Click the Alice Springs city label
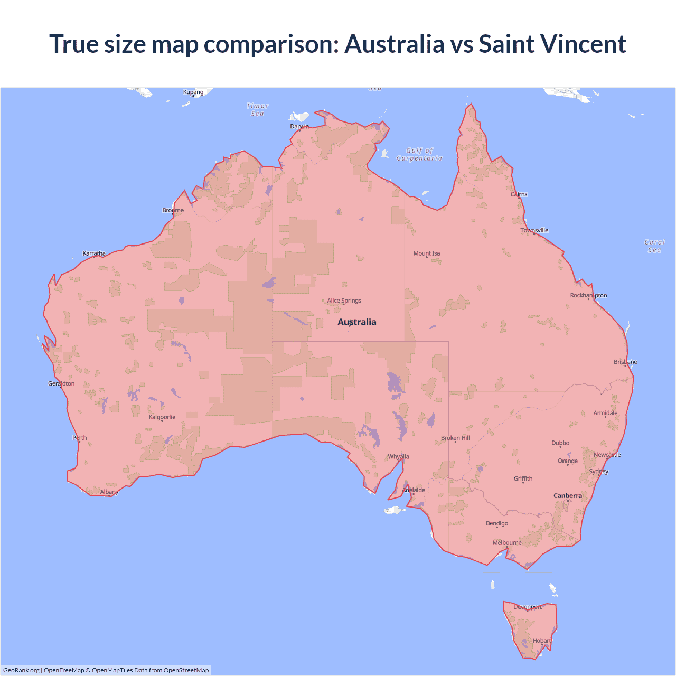[x=344, y=301]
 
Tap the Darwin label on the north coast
[x=299, y=126]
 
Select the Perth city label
[x=80, y=438]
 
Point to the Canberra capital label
[x=568, y=496]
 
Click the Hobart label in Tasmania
[x=542, y=641]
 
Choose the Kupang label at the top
[x=193, y=92]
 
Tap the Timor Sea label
[x=258, y=109]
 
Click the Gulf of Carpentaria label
[x=419, y=154]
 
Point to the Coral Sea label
[x=654, y=246]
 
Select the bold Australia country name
[x=357, y=322]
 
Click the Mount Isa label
[x=427, y=253]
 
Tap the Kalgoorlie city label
[x=162, y=417]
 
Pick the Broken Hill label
[x=455, y=438]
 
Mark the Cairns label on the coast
[x=519, y=194]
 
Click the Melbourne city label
[x=507, y=543]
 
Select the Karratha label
[x=94, y=253]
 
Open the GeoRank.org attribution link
[x=21, y=670]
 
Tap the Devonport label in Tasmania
[x=528, y=607]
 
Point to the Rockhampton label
[x=588, y=295]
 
